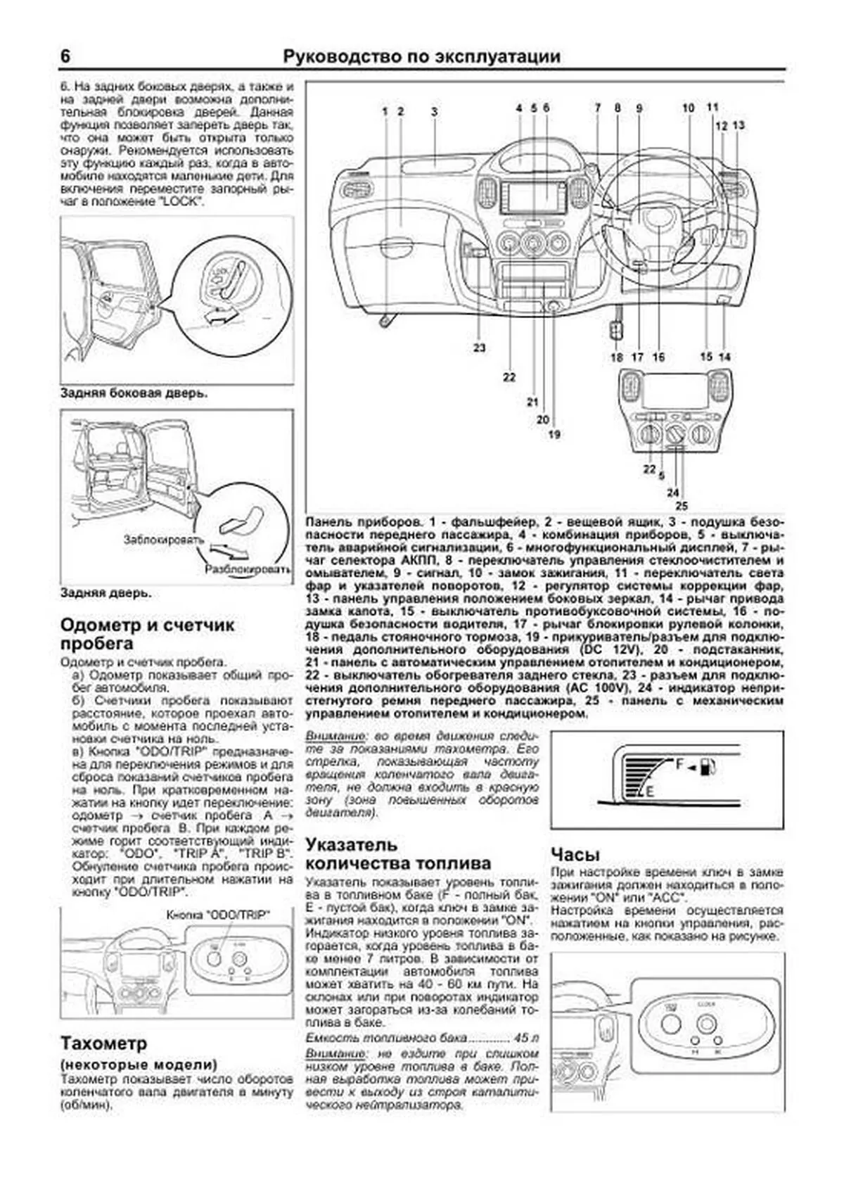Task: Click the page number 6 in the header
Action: pyautogui.click(x=65, y=56)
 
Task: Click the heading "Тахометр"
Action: pyautogui.click(x=103, y=1042)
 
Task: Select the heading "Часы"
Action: pyautogui.click(x=575, y=854)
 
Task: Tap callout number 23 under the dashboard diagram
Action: pyautogui.click(x=479, y=348)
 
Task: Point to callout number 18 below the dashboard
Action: pyautogui.click(x=616, y=357)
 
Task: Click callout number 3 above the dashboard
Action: pyautogui.click(x=435, y=111)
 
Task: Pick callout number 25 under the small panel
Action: pyautogui.click(x=681, y=505)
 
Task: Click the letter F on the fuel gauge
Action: pyautogui.click(x=679, y=763)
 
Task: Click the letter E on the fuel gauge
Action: pyautogui.click(x=650, y=792)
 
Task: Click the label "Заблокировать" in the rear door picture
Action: pyautogui.click(x=162, y=540)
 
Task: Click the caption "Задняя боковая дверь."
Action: pyautogui.click(x=134, y=393)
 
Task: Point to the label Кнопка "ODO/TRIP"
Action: pyautogui.click(x=218, y=916)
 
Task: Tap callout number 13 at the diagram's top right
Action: pyautogui.click(x=738, y=125)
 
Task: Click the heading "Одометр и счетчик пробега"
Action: pyautogui.click(x=148, y=634)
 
